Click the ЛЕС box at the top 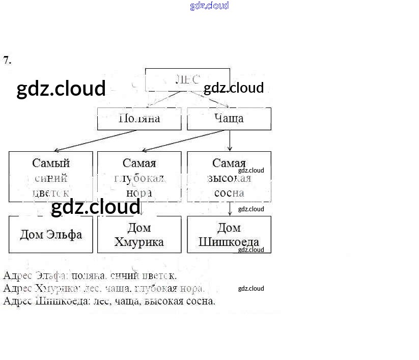coord(187,80)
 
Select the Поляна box coord(139,119)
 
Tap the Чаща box coord(229,119)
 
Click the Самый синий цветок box coord(51,177)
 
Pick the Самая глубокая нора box coord(139,177)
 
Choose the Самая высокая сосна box coord(229,177)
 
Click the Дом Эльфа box coord(51,234)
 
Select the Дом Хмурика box coord(139,234)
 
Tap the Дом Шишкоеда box coord(229,234)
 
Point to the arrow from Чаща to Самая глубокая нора coord(183,141)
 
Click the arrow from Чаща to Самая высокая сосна coord(230,141)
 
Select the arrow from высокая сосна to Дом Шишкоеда coord(230,209)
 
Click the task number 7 coord(7,60)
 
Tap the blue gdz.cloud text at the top coord(209,6)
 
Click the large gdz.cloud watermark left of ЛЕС coord(61,89)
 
